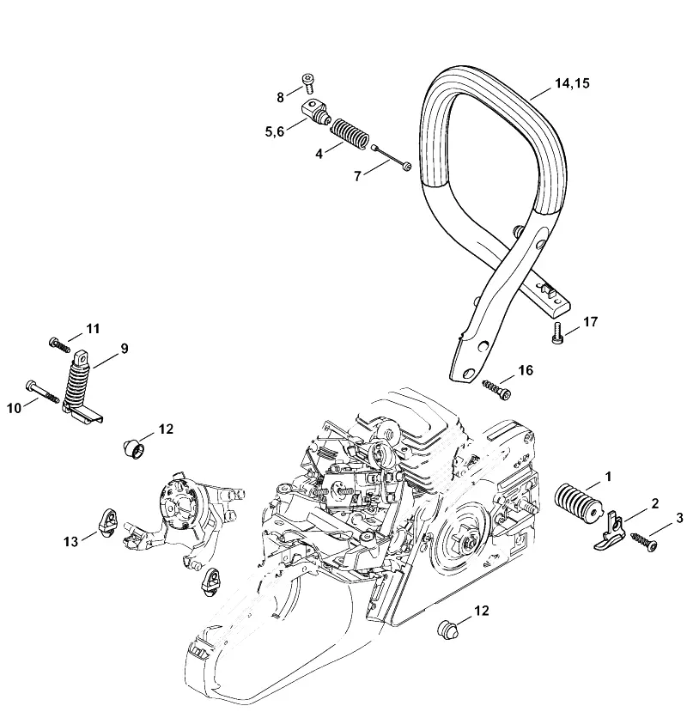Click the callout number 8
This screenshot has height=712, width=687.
(x=280, y=97)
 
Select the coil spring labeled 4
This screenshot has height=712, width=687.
(x=350, y=132)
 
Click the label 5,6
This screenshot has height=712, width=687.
(x=274, y=131)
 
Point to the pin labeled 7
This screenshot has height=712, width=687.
(x=391, y=156)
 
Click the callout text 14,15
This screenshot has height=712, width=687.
(x=572, y=83)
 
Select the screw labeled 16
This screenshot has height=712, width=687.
(x=496, y=389)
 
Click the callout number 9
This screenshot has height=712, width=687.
(x=124, y=349)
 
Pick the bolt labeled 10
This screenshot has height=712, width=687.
(x=43, y=391)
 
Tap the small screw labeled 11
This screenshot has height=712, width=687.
(x=59, y=344)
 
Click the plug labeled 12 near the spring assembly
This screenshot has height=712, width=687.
(x=133, y=447)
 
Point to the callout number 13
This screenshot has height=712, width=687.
(x=70, y=541)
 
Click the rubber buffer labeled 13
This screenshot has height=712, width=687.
(x=107, y=522)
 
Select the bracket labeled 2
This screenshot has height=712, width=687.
(x=610, y=531)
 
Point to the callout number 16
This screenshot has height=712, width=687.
(x=526, y=370)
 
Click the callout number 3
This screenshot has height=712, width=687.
(x=679, y=518)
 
